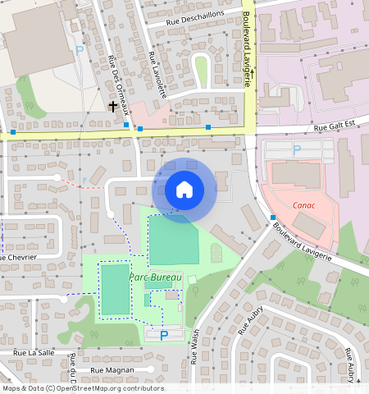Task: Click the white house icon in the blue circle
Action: [184, 190]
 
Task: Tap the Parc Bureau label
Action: [154, 277]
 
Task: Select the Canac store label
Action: [303, 205]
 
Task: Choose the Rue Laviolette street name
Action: [158, 75]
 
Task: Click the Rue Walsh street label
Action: [194, 347]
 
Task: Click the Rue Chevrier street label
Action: [20, 257]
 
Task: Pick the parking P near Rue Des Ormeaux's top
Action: [80, 51]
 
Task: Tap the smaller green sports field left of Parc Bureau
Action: [115, 288]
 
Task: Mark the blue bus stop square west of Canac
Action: [273, 217]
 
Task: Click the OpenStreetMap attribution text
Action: [82, 388]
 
